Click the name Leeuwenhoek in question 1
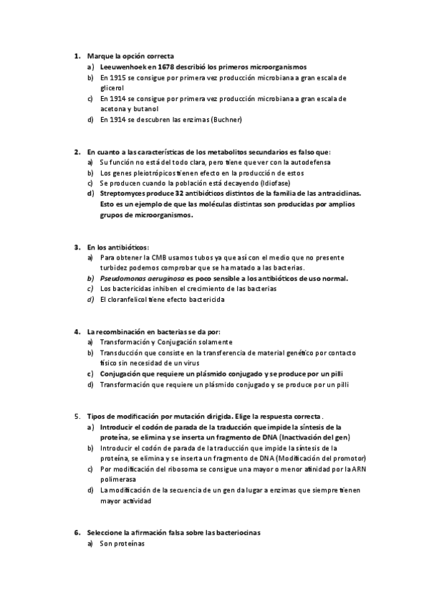point(122,66)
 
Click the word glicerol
point(112,87)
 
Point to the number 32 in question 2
point(170,194)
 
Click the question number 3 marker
point(77,247)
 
